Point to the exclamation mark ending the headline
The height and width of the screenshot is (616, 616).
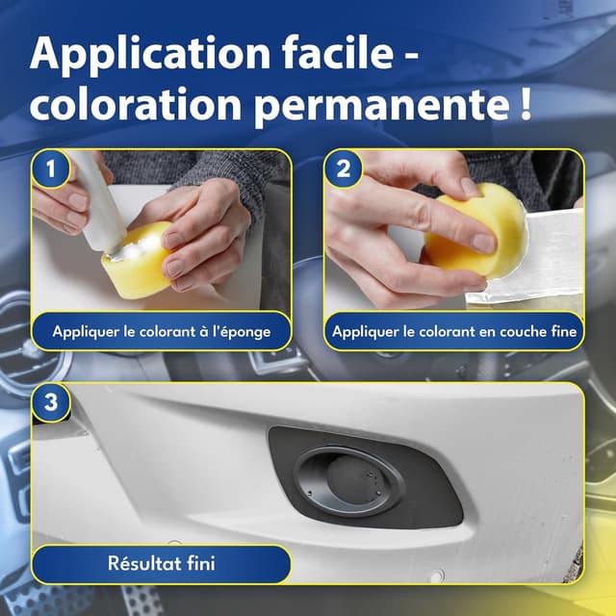click(x=526, y=102)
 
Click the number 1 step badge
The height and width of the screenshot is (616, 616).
click(x=51, y=169)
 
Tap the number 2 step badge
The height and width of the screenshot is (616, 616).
click(x=344, y=169)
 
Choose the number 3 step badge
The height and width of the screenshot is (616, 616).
click(x=51, y=402)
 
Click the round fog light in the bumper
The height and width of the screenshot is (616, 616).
click(x=349, y=481)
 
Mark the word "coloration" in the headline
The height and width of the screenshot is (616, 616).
click(x=136, y=103)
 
